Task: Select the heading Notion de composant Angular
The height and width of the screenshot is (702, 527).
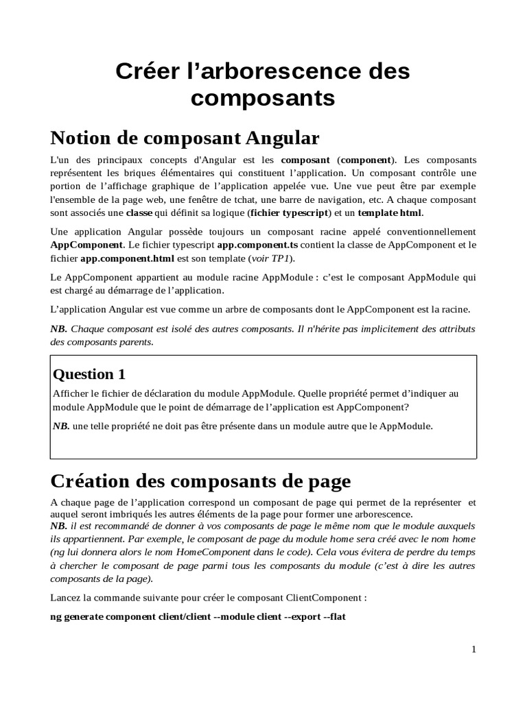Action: coord(185,138)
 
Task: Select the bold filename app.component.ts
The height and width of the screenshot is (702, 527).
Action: coord(257,245)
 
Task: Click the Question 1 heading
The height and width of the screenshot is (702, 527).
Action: coord(89,374)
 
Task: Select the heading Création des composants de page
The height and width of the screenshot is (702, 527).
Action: coord(200,481)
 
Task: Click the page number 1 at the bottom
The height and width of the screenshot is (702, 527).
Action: coord(473,649)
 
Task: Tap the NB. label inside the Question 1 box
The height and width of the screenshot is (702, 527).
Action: coord(60,426)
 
